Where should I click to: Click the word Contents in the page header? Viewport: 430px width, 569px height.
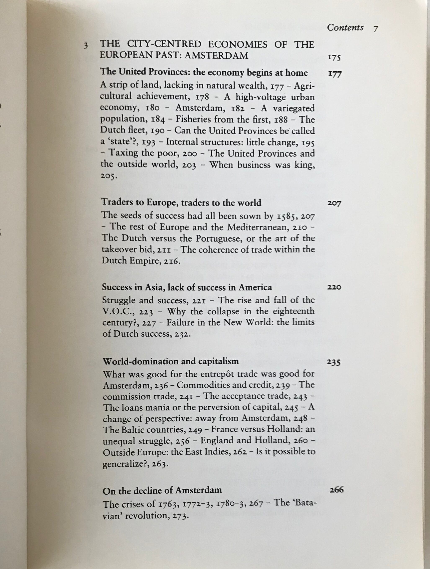[x=345, y=27]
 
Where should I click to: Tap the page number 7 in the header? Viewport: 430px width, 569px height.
[x=376, y=28]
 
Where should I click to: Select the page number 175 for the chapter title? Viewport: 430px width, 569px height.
[x=334, y=58]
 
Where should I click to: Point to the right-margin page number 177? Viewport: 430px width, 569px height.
[x=335, y=74]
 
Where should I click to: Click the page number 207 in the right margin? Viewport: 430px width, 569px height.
[x=334, y=203]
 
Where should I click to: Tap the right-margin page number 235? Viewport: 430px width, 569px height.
[x=334, y=362]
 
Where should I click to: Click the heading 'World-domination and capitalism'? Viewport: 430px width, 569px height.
[x=171, y=361]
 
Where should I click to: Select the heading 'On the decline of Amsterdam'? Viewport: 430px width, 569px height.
[x=162, y=490]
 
